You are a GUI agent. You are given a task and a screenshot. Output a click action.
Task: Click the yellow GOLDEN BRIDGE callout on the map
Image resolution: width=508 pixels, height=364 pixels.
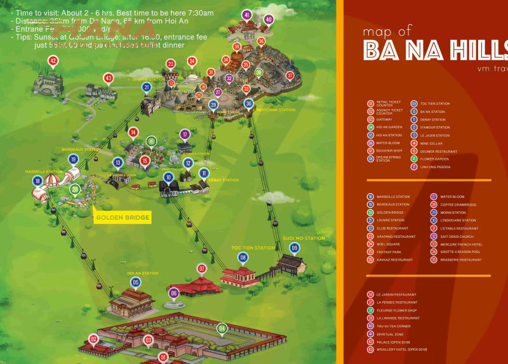pos(123,218)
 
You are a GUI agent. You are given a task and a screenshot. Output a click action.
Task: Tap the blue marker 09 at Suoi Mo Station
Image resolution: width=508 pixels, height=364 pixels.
pos(294,247)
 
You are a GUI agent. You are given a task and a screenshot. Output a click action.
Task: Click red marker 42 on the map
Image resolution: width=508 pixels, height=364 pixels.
pos(53,61)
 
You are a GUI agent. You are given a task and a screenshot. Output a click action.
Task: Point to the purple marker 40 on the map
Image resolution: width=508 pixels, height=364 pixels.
pos(269,20)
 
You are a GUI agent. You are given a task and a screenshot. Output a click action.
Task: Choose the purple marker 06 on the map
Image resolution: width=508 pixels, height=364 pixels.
pos(173,293)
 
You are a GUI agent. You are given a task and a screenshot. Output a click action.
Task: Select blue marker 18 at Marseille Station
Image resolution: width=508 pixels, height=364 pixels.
pos(37,181)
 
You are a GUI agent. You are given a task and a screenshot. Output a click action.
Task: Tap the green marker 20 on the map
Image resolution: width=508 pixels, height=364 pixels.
pos(75,188)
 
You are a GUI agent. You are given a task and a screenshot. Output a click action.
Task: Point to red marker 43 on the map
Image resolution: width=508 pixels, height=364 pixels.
pos(109,78)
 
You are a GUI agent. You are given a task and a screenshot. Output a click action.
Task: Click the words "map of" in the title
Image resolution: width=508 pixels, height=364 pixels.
pos(387,31)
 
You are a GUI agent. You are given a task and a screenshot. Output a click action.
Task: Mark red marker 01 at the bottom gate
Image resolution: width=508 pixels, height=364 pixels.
pos(163,358)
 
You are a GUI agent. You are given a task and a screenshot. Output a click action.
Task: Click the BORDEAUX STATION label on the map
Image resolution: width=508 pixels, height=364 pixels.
pos(81,150)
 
